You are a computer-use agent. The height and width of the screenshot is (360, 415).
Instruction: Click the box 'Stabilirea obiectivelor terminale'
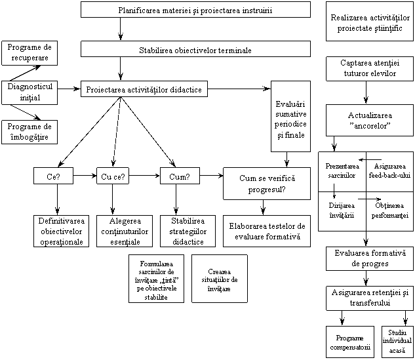195,49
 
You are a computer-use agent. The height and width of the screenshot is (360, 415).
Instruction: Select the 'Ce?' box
53,176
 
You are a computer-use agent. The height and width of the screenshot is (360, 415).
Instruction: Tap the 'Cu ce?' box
113,176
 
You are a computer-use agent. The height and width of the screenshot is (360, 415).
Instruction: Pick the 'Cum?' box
180,176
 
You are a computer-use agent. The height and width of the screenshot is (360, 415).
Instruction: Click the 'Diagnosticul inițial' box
30,92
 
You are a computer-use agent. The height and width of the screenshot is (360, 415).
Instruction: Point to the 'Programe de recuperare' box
30,53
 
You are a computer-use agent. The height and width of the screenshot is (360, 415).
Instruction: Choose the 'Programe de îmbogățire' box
30,132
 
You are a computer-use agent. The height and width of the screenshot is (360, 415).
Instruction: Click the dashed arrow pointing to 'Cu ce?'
117,131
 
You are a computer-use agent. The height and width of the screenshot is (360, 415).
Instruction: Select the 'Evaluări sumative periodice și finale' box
290,116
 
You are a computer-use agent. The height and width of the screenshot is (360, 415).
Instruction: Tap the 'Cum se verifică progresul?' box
267,184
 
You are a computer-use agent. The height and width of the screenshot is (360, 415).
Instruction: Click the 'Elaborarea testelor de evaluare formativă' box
267,231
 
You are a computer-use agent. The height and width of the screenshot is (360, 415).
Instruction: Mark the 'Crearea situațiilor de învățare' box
220,279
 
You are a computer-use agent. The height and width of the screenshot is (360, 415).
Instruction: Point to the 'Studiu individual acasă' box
397,342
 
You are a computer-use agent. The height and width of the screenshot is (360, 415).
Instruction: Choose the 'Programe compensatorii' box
350,342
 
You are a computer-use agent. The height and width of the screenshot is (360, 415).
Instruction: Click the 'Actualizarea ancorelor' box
370,120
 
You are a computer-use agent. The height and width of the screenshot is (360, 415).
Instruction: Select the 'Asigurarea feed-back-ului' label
389,170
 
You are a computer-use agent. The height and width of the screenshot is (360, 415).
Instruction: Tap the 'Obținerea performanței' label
389,210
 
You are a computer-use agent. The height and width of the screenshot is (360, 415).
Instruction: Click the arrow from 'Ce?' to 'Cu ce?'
85,176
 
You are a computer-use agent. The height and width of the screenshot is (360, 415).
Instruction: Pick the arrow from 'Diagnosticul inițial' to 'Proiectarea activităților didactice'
69,89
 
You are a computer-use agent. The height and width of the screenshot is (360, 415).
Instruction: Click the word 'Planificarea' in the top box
139,10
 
